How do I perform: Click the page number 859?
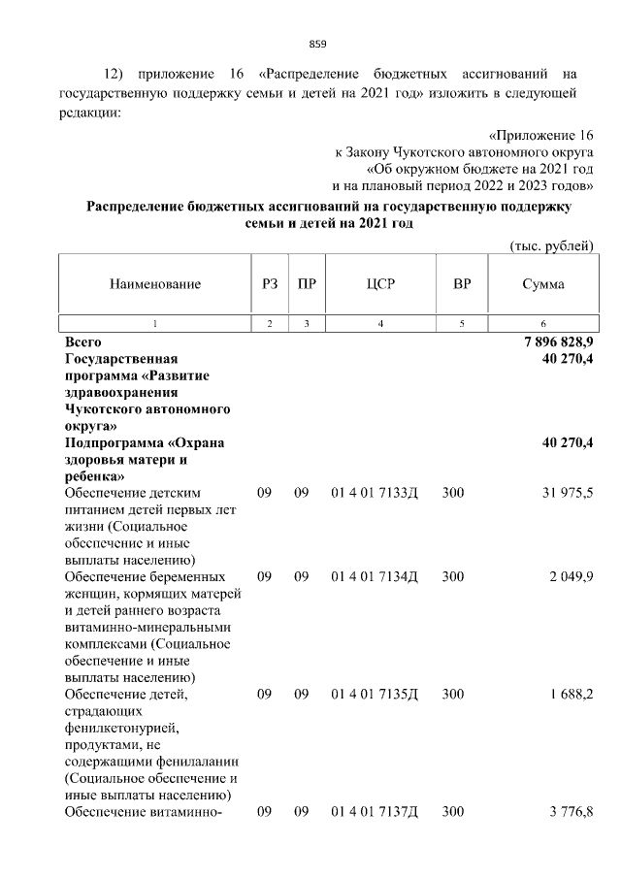[317, 44]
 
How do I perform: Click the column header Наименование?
[155, 284]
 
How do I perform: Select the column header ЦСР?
[380, 284]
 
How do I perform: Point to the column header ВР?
[462, 284]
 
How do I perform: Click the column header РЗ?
[270, 284]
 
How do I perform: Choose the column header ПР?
[307, 284]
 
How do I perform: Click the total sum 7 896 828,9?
[550, 342]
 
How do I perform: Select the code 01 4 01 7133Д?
[374, 493]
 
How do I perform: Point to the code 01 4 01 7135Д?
[374, 695]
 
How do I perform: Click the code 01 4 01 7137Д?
[374, 811]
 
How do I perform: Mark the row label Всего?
[83, 342]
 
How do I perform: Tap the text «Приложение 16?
[540, 135]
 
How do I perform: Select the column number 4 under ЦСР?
[380, 323]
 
